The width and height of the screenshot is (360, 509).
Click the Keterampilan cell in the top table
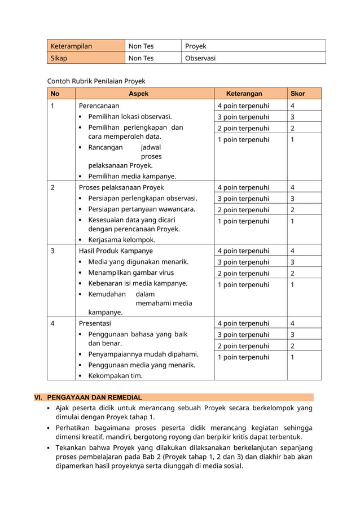71,46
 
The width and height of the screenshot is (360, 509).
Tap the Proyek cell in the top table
196,46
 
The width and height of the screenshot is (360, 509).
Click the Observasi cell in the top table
200,58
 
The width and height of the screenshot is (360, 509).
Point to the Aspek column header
138,94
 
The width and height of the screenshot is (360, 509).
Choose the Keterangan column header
244,94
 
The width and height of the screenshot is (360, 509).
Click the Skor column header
297,94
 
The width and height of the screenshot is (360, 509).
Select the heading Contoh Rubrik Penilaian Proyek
96,81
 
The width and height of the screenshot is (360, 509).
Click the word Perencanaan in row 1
99,106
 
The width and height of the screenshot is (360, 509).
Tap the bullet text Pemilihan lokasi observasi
130,116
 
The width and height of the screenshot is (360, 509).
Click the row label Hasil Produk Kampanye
115,251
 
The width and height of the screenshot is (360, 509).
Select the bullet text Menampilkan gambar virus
131,273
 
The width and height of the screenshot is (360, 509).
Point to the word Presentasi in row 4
95,323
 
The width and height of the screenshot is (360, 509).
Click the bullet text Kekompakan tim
115,375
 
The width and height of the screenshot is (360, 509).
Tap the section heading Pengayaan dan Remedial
94,397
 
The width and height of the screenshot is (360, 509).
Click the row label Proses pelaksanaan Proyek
121,187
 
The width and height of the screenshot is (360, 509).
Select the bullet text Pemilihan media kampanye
132,176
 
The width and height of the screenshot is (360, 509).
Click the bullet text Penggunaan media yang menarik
142,365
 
